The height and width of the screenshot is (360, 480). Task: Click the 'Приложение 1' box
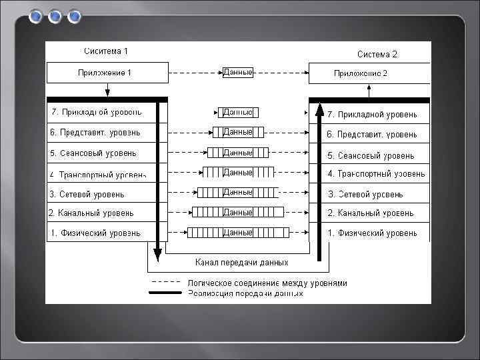tap(106, 73)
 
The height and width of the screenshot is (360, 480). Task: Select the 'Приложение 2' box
tap(369, 73)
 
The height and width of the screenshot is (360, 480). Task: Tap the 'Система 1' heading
tap(106, 51)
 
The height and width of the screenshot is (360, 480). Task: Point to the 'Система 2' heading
tap(377, 54)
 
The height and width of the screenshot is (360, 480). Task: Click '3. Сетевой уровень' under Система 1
tap(87, 194)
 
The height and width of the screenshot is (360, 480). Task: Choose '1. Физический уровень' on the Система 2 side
tap(372, 233)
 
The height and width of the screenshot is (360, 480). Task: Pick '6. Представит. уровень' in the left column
tap(95, 133)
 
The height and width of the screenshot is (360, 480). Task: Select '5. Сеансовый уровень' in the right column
tap(370, 155)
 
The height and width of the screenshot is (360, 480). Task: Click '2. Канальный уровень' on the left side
tap(91, 213)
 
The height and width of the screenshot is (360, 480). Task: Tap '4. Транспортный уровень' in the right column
tap(376, 174)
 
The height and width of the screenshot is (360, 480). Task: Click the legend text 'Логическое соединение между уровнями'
tap(267, 283)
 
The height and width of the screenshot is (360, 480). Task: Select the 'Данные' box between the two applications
tap(238, 72)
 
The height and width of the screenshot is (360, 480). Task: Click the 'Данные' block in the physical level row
tap(238, 233)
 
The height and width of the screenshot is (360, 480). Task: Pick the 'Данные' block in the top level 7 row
tap(238, 113)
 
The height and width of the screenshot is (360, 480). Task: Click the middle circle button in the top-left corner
tap(55, 16)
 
